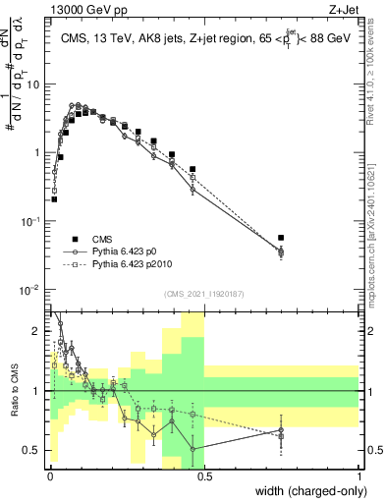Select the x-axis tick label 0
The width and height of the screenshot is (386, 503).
(x=49, y=475)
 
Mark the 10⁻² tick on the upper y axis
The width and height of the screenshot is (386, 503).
(x=31, y=290)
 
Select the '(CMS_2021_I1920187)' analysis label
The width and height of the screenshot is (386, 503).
(x=203, y=294)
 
